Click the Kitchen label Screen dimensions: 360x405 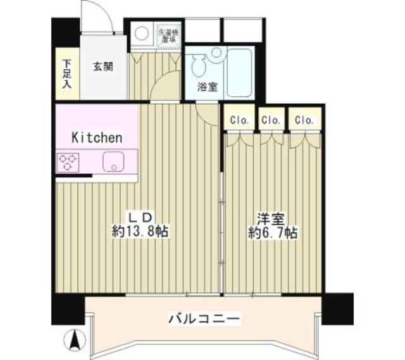pos(96,137)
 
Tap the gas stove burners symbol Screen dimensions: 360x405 pos(66,162)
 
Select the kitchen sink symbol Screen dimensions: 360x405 pos(113,162)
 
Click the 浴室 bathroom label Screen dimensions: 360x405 pos(209,88)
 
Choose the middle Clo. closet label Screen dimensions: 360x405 pos(271,119)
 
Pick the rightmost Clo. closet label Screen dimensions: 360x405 pos(304,119)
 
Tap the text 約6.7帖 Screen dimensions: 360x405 pos(273,233)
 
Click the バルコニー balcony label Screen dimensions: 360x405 pos(204,318)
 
